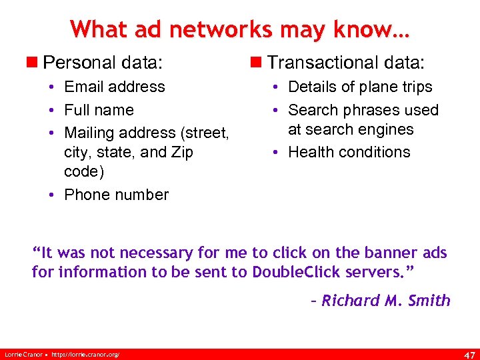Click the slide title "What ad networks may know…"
(x=240, y=29)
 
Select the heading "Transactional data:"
(x=345, y=63)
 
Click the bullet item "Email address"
(x=114, y=87)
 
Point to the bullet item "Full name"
(x=99, y=110)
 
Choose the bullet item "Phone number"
(x=116, y=195)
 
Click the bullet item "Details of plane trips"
(x=360, y=87)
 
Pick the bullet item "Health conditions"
(x=349, y=152)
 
